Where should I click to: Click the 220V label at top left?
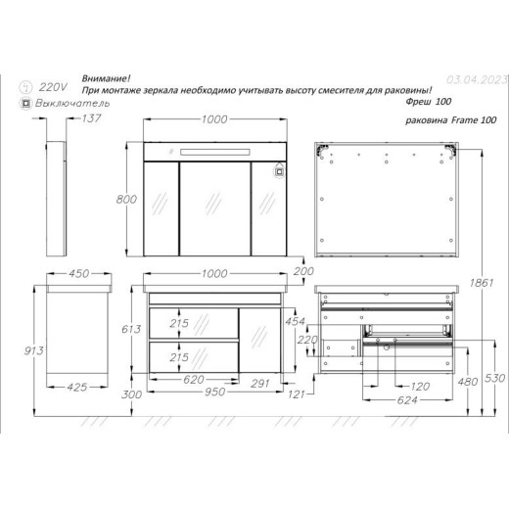(x=53, y=87)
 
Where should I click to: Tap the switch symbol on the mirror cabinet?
(x=279, y=172)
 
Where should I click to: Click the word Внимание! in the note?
(x=106, y=78)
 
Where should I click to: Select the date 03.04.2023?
(x=477, y=79)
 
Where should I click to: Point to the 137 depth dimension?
(x=91, y=118)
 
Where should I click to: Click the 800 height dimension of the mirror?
(x=126, y=199)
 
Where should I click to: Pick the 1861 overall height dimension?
(x=482, y=283)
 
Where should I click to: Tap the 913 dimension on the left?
(x=33, y=350)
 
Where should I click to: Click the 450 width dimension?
(x=78, y=273)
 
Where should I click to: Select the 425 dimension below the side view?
(x=77, y=388)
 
